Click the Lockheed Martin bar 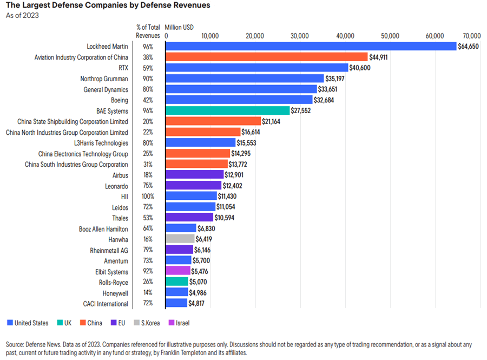click(311, 47)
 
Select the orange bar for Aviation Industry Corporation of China click(267, 57)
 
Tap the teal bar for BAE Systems click(228, 110)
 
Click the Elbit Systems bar click(178, 271)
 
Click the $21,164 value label click(273, 121)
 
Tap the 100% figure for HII click(148, 197)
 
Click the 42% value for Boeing click(148, 100)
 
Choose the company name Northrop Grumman click(104, 78)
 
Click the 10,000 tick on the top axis click(209, 36)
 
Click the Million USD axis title click(179, 27)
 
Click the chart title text click(108, 5)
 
